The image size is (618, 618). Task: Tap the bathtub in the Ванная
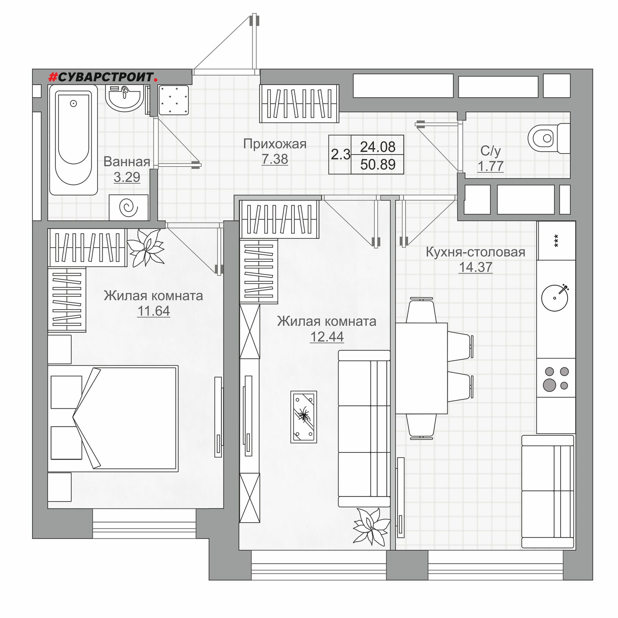pyautogui.click(x=74, y=140)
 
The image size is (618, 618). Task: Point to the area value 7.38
pyautogui.click(x=275, y=159)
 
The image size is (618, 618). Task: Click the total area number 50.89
pyautogui.click(x=378, y=164)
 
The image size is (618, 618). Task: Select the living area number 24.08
pyautogui.click(x=378, y=147)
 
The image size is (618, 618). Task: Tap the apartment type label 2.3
pyautogui.click(x=341, y=154)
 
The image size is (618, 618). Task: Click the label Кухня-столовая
pyautogui.click(x=475, y=252)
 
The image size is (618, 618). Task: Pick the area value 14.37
pyautogui.click(x=475, y=267)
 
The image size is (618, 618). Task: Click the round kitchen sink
pyautogui.click(x=555, y=298)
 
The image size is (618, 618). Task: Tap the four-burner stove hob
pyautogui.click(x=556, y=378)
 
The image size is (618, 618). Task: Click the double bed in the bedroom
pyautogui.click(x=113, y=419)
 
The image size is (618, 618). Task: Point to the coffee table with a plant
pyautogui.click(x=303, y=417)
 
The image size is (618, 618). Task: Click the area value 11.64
pyautogui.click(x=153, y=311)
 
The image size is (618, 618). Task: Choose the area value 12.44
pyautogui.click(x=327, y=337)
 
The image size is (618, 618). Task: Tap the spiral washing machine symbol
pyautogui.click(x=129, y=208)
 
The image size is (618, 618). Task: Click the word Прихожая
pyautogui.click(x=275, y=144)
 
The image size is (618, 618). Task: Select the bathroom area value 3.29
pyautogui.click(x=127, y=177)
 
